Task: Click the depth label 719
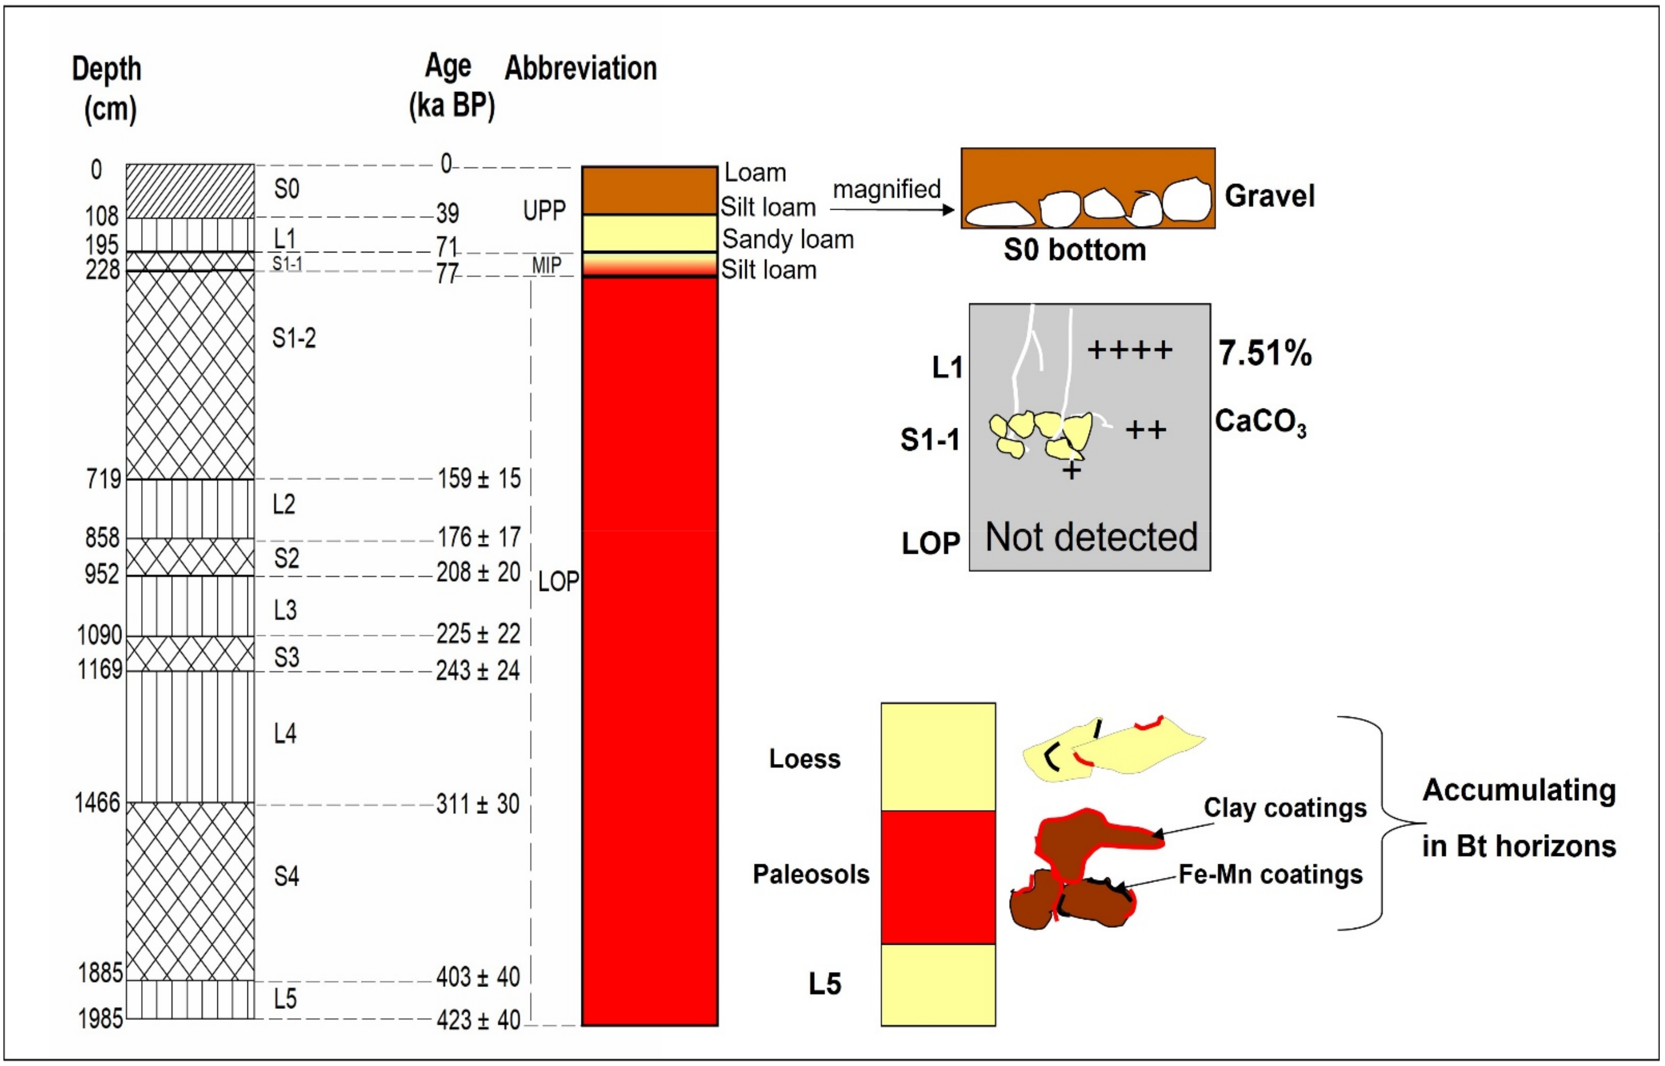coord(103,478)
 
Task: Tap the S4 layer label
coord(286,876)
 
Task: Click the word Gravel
coord(1269,196)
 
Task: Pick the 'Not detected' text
coord(1091,537)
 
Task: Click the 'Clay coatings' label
coord(1284,808)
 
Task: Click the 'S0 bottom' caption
coord(1074,250)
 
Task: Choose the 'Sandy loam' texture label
coord(788,240)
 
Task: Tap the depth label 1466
coord(98,803)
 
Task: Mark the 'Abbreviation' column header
coord(580,68)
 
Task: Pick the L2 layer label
coord(284,504)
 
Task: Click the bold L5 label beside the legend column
coord(825,983)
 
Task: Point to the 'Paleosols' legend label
coord(811,874)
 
